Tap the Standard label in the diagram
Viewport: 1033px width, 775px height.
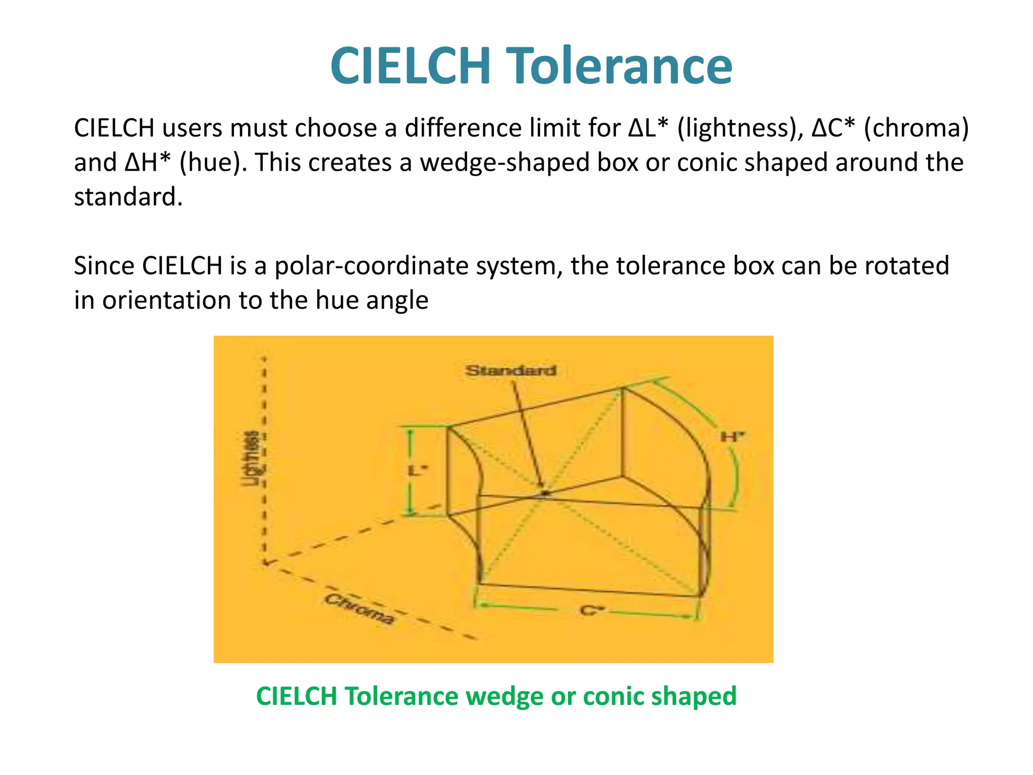click(510, 371)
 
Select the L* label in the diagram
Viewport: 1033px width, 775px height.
click(418, 471)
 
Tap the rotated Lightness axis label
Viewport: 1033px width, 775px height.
click(251, 458)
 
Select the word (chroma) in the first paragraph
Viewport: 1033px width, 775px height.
click(916, 128)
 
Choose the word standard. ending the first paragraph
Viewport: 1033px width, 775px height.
click(128, 197)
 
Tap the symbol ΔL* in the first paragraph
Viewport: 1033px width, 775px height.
click(649, 128)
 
